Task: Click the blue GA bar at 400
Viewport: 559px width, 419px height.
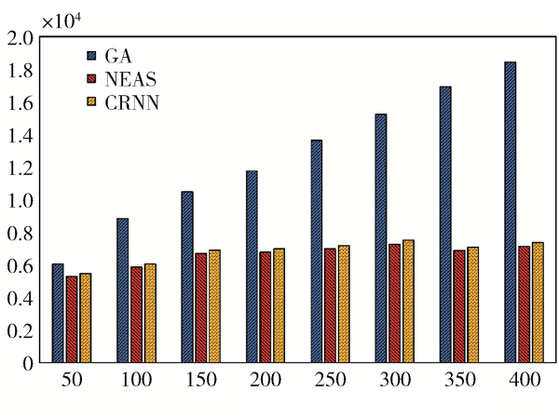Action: (510, 212)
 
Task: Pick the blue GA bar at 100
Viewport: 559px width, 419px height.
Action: (122, 291)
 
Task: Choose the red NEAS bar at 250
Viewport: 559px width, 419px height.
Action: (330, 305)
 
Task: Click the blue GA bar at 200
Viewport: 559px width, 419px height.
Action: (252, 267)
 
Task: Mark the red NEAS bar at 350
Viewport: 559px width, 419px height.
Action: (459, 306)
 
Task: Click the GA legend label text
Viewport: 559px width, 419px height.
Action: (118, 55)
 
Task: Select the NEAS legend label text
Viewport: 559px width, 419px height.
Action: (130, 79)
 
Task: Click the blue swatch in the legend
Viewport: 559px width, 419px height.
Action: (92, 55)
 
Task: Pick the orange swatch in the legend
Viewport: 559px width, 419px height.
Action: (92, 103)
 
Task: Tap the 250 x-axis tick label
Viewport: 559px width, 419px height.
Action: (330, 381)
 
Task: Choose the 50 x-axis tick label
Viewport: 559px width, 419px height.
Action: (72, 381)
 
